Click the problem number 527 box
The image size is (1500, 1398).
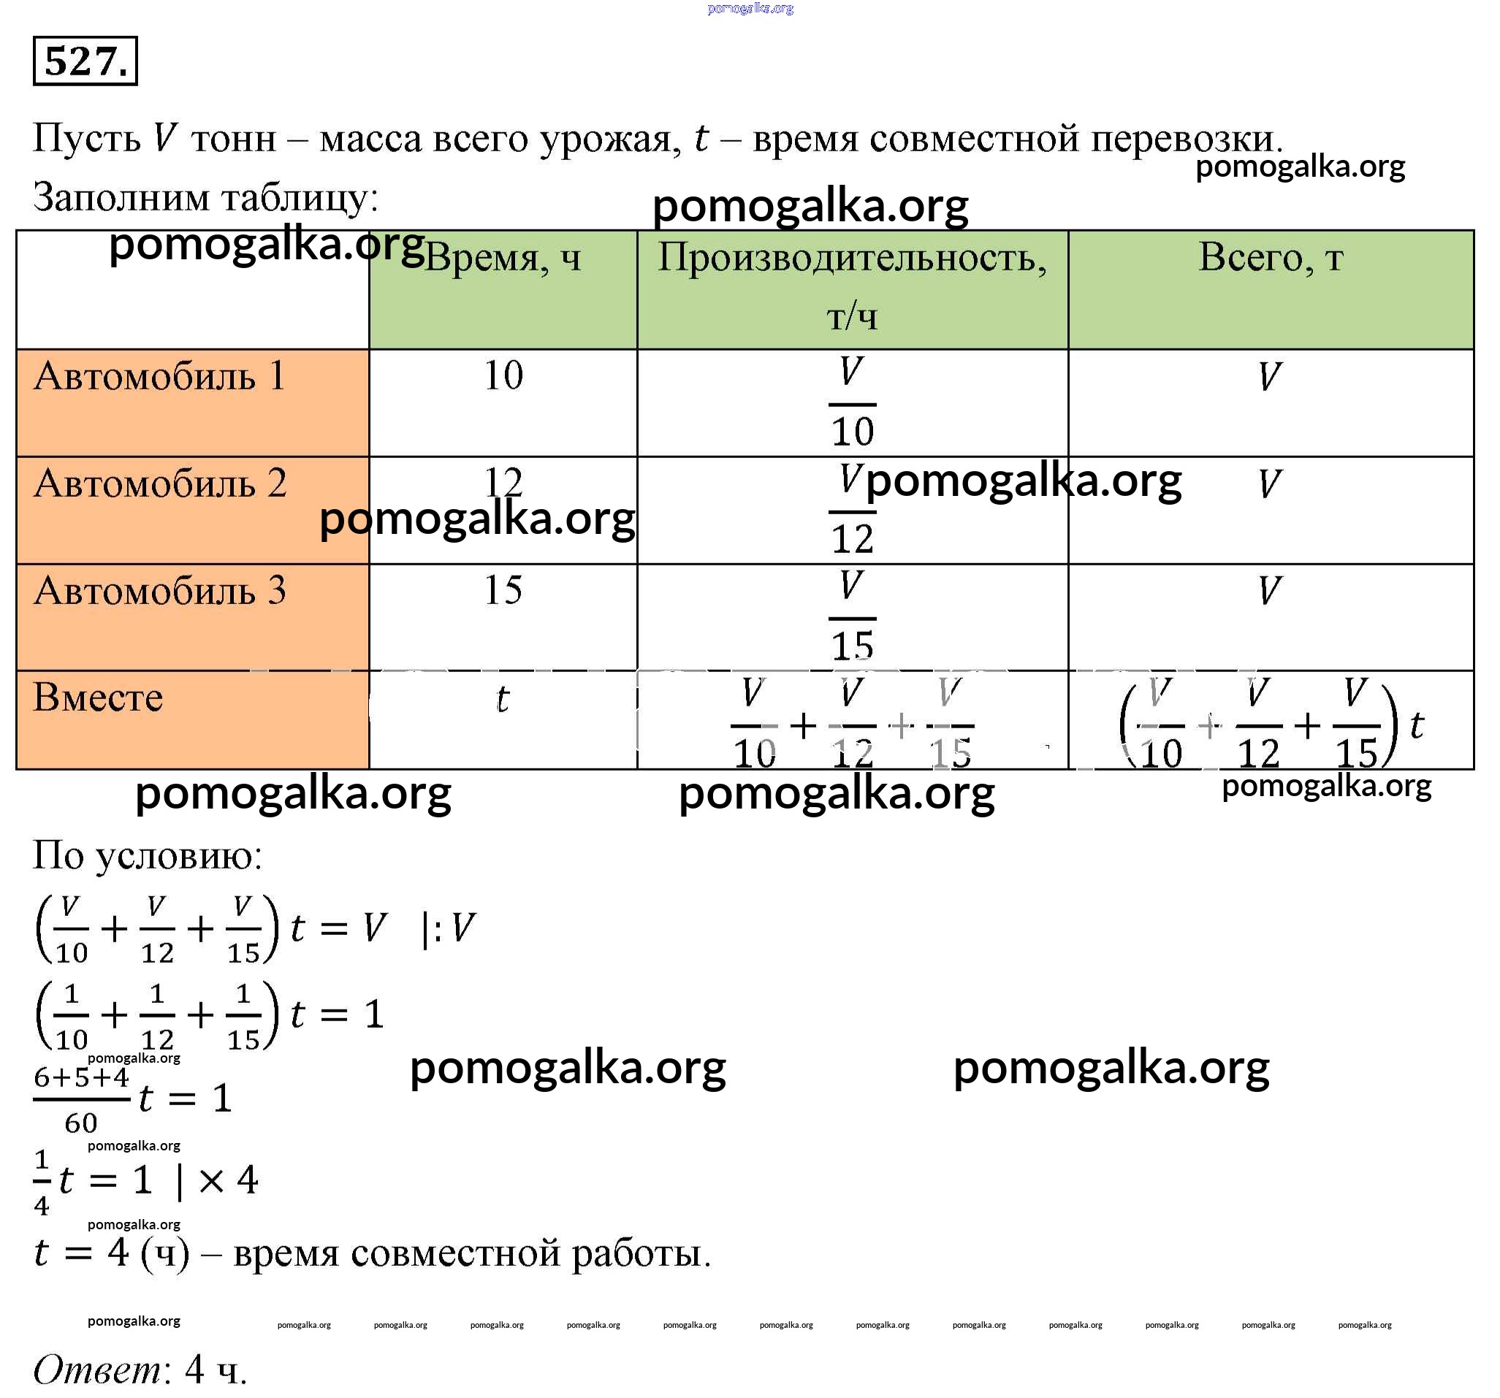click(x=85, y=61)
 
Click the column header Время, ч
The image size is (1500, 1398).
click(x=503, y=259)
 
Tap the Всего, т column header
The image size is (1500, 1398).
click(x=1271, y=258)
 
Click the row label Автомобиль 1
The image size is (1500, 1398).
click(x=160, y=375)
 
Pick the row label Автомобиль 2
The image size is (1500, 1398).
click(x=160, y=483)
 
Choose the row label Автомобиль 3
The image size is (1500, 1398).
click(x=160, y=590)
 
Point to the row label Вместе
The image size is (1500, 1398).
click(x=98, y=697)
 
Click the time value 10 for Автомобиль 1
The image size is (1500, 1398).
click(x=503, y=375)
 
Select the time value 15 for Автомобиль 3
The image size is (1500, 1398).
click(x=503, y=590)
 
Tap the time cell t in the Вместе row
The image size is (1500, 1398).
click(x=503, y=698)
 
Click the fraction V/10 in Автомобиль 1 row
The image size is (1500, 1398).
click(x=852, y=402)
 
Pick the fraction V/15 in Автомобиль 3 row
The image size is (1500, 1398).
click(x=852, y=616)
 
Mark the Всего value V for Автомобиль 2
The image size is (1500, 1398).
click(x=1270, y=484)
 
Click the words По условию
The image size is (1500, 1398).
click(x=148, y=856)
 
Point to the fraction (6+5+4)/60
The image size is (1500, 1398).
click(x=82, y=1099)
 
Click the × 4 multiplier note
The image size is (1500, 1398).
click(x=227, y=1180)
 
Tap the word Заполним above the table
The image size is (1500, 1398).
click(x=121, y=198)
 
